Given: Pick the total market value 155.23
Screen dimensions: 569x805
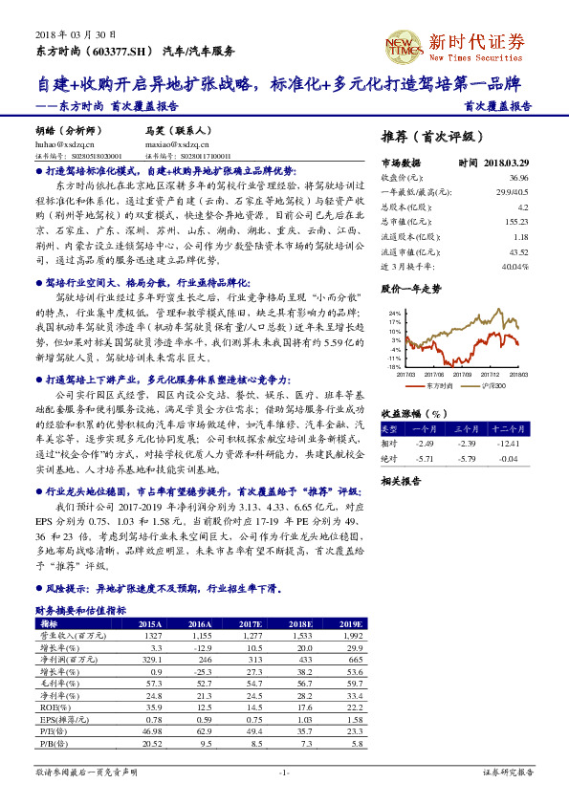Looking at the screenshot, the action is [x=516, y=221].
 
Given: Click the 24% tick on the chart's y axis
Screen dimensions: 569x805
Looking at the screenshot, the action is [x=394, y=312].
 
